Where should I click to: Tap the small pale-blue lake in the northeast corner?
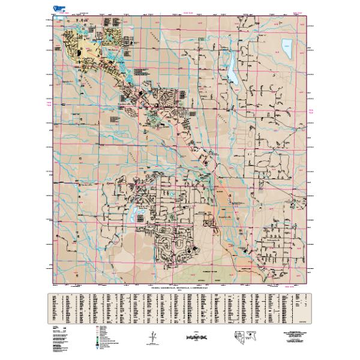click(x=286, y=47)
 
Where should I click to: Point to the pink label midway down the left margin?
click(x=49, y=104)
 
